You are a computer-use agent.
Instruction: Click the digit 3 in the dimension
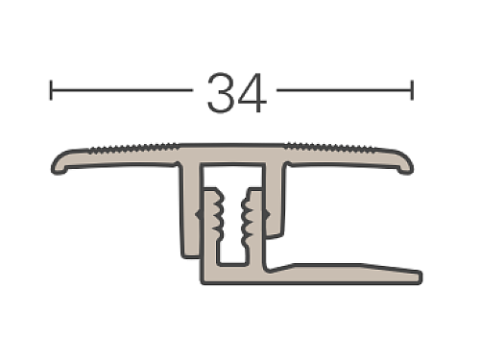221,93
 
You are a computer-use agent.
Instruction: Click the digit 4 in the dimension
252,93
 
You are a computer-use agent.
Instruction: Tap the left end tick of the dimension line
51,90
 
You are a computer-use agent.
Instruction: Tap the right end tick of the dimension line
412,90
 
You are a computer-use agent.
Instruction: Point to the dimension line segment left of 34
122,90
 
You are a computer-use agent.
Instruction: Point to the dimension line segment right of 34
345,90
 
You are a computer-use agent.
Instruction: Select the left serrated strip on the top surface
133,148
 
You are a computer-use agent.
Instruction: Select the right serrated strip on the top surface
329,148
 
